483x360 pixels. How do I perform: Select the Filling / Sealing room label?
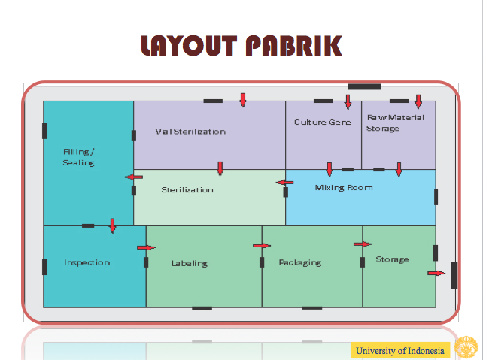point(78,157)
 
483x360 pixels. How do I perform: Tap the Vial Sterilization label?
point(190,132)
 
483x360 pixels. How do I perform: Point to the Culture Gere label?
point(322,122)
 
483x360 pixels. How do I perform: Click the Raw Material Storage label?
point(394,123)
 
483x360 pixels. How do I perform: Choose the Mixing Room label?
point(343,187)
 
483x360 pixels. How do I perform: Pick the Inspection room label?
point(87,262)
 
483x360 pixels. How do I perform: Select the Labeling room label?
point(189,263)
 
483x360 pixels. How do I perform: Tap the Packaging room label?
point(299,262)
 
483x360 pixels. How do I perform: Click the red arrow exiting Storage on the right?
point(436,273)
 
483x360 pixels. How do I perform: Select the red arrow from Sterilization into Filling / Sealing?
point(134,177)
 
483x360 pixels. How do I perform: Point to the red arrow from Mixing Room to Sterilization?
point(285,182)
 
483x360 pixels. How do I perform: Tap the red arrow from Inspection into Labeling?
point(146,247)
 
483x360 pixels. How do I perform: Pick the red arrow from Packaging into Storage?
point(363,244)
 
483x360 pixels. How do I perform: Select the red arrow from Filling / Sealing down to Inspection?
point(113,225)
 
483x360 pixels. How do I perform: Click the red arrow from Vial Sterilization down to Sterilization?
point(220,168)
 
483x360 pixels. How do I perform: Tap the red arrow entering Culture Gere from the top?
point(348,101)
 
